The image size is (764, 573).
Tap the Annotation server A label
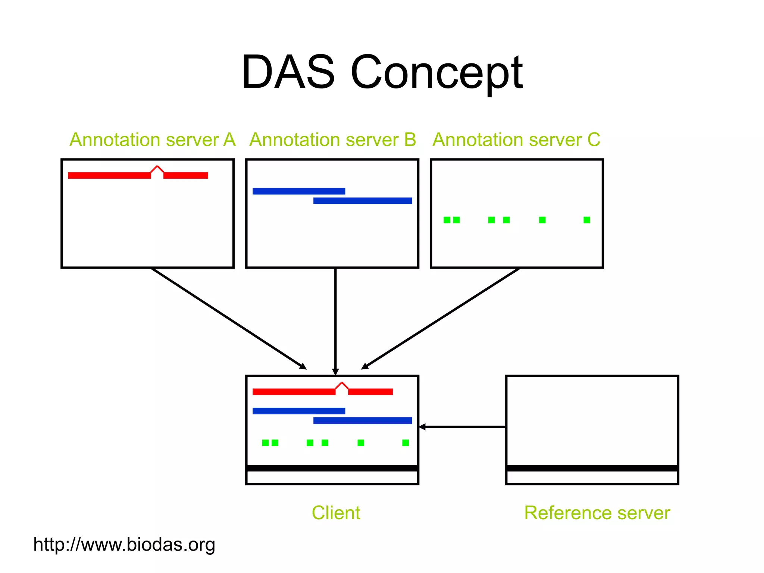(152, 140)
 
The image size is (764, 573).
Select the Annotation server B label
(332, 140)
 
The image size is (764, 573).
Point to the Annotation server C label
(516, 140)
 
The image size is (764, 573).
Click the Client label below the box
(336, 513)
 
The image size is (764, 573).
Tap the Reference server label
(597, 513)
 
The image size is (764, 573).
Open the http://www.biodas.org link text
(124, 544)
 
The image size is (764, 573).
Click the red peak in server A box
(157, 169)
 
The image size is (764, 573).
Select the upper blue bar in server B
(299, 191)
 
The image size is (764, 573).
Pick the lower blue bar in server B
(362, 201)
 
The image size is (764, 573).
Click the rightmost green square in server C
(587, 220)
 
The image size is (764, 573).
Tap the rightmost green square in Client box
(406, 443)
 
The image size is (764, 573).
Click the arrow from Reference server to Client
(463, 427)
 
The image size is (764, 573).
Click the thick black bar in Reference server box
(592, 468)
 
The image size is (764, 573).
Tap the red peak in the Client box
(342, 385)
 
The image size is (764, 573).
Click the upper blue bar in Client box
(299, 411)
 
